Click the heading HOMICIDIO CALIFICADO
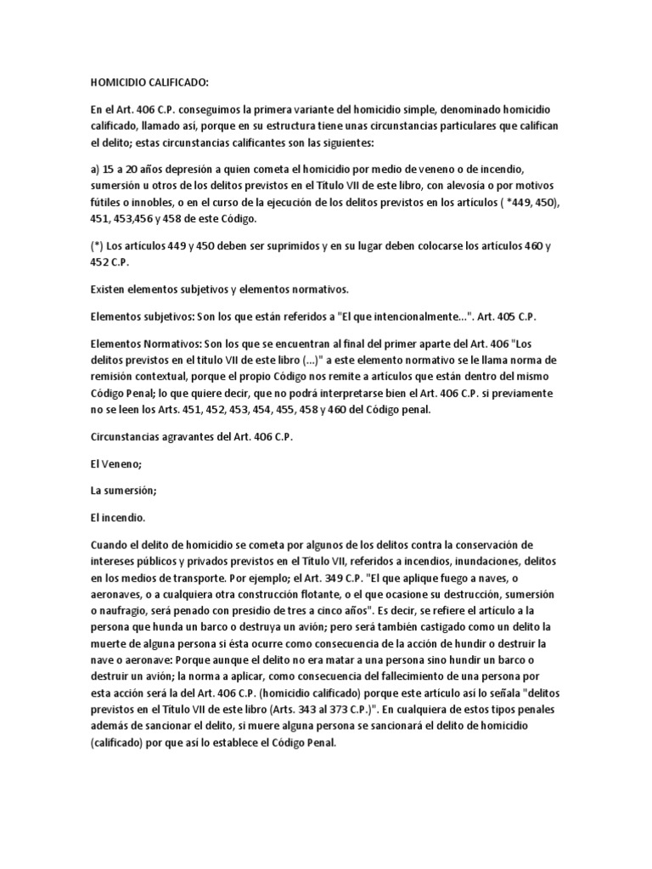[149, 82]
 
